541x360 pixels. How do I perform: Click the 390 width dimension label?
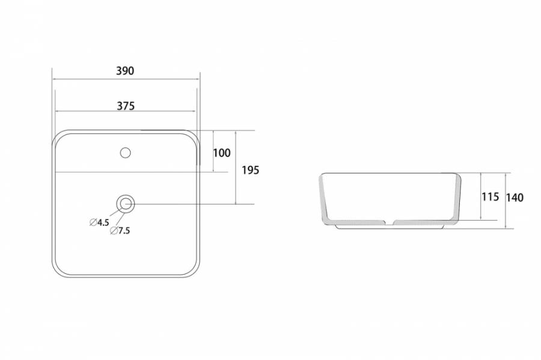click(125, 71)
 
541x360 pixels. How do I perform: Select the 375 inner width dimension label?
click(126, 106)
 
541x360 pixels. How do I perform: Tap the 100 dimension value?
click(221, 153)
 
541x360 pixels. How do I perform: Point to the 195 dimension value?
click(250, 170)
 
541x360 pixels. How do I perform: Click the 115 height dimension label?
click(491, 197)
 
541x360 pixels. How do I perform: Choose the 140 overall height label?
click(515, 198)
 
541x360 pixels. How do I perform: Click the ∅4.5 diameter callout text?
click(99, 222)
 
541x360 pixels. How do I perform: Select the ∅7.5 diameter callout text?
click(120, 231)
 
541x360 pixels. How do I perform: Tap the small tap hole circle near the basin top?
click(125, 153)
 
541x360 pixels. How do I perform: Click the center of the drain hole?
click(125, 204)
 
